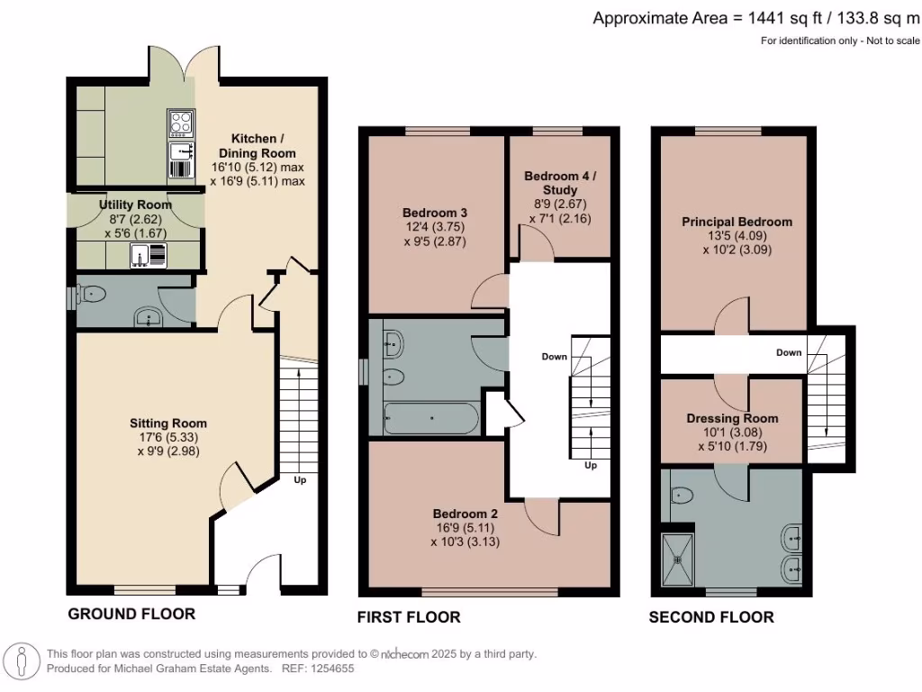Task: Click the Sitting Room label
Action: pyautogui.click(x=168, y=423)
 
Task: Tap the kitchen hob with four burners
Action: pyautogui.click(x=180, y=123)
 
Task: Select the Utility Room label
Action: pyautogui.click(x=135, y=205)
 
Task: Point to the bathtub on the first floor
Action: pyautogui.click(x=431, y=418)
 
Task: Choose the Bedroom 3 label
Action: pyautogui.click(x=435, y=213)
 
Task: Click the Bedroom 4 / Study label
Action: pyautogui.click(x=560, y=183)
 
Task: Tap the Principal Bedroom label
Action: pyautogui.click(x=737, y=222)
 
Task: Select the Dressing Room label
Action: pyautogui.click(x=732, y=418)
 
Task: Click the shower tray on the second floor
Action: pyautogui.click(x=678, y=560)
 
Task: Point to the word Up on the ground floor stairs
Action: pyautogui.click(x=300, y=480)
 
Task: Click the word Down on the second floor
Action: pyautogui.click(x=789, y=352)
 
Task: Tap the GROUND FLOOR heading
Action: pyautogui.click(x=131, y=614)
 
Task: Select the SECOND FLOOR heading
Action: pyautogui.click(x=711, y=617)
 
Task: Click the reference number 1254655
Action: pyautogui.click(x=332, y=669)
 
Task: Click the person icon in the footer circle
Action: pyautogui.click(x=22, y=660)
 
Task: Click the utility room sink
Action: pyautogui.click(x=140, y=255)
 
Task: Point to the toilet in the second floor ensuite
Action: pyautogui.click(x=682, y=495)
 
